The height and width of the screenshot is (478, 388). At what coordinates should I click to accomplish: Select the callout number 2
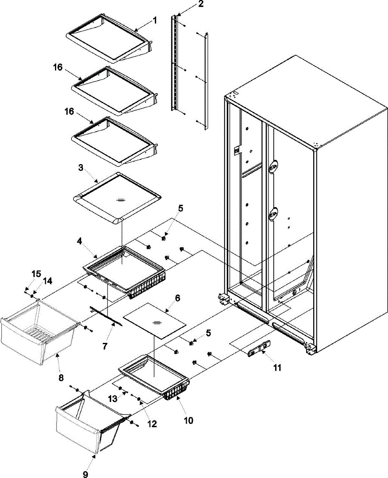(200, 4)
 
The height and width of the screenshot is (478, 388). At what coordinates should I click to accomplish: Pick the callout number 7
(104, 346)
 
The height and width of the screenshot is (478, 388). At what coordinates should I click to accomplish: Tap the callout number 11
(277, 368)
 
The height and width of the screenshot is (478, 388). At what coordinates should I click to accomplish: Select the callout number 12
(152, 425)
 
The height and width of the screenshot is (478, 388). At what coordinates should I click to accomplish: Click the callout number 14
(47, 281)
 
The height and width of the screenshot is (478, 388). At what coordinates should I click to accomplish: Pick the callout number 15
(36, 274)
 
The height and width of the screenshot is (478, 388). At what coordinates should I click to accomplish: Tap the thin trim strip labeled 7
(106, 316)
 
